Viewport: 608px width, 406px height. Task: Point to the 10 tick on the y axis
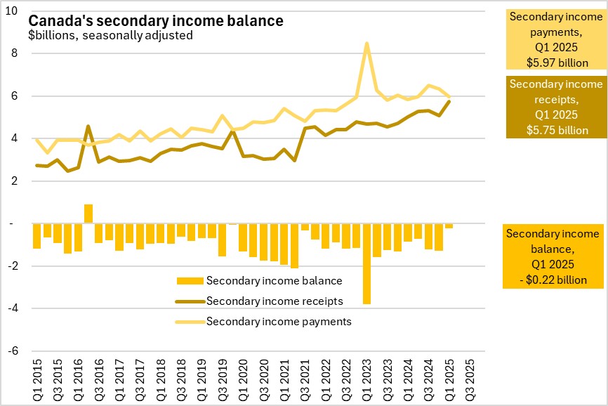15,11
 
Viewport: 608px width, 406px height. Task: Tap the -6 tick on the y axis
15,351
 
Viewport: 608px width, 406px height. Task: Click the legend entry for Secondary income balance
274,281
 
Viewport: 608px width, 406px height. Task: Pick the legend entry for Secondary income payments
279,322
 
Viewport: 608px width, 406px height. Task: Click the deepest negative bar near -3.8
366,263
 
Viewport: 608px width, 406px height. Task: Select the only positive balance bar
88,214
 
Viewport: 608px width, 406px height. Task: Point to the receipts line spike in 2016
88,126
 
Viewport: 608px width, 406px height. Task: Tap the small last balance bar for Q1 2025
449,225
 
